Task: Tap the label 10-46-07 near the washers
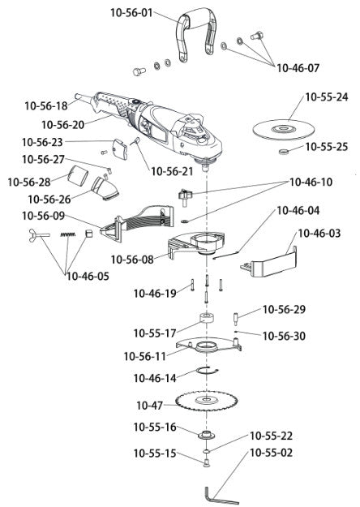[299, 67]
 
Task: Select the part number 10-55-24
[327, 97]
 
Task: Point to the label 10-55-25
[327, 147]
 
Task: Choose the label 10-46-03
[319, 233]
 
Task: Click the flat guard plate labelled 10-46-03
[272, 264]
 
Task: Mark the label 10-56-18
[46, 105]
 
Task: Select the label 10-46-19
[154, 292]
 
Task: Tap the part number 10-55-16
[154, 427]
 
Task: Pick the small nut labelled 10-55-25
[284, 151]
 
